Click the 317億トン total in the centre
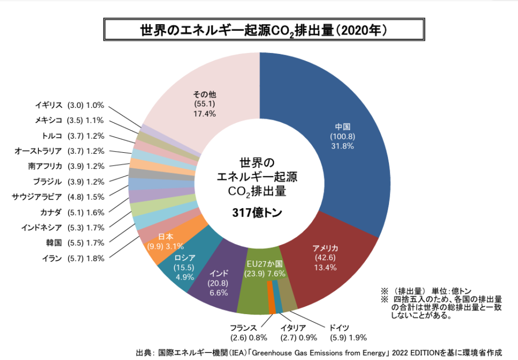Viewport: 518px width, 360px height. [x=258, y=213]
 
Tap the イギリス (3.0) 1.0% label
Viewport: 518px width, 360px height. [x=69, y=106]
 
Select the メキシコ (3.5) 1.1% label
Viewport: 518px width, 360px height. [x=69, y=121]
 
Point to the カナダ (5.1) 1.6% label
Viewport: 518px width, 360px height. [x=72, y=212]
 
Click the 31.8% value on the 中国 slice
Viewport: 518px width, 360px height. [x=343, y=146]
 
